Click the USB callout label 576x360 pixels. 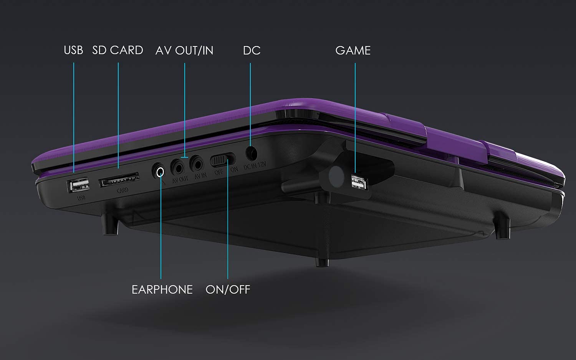73,50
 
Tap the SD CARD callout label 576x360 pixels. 118,50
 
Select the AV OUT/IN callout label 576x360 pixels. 184,50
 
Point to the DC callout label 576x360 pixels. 252,50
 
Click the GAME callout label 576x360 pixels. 353,50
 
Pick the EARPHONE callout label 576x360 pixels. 162,289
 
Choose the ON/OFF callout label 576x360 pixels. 228,289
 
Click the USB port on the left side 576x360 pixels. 79,185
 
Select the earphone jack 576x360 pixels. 159,170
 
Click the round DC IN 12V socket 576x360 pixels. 251,153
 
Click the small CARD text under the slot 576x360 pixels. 122,190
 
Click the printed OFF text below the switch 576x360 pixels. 219,172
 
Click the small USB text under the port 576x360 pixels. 81,198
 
